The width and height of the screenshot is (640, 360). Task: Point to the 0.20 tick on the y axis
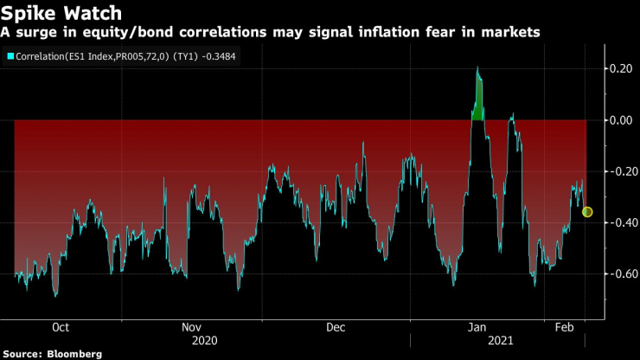619,68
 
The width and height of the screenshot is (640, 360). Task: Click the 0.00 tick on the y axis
619,120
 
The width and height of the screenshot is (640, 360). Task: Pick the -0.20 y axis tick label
618,171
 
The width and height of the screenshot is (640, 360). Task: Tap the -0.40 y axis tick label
618,222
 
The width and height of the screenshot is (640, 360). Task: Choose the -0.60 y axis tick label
618,273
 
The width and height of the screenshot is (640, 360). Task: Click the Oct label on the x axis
61,328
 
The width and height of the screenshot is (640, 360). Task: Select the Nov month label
191,328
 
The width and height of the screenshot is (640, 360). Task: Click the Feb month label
564,328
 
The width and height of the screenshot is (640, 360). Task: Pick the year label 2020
206,341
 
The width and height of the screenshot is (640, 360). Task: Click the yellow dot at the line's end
587,212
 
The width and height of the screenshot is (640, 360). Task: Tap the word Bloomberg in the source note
74,354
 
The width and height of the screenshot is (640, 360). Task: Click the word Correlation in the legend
44,57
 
